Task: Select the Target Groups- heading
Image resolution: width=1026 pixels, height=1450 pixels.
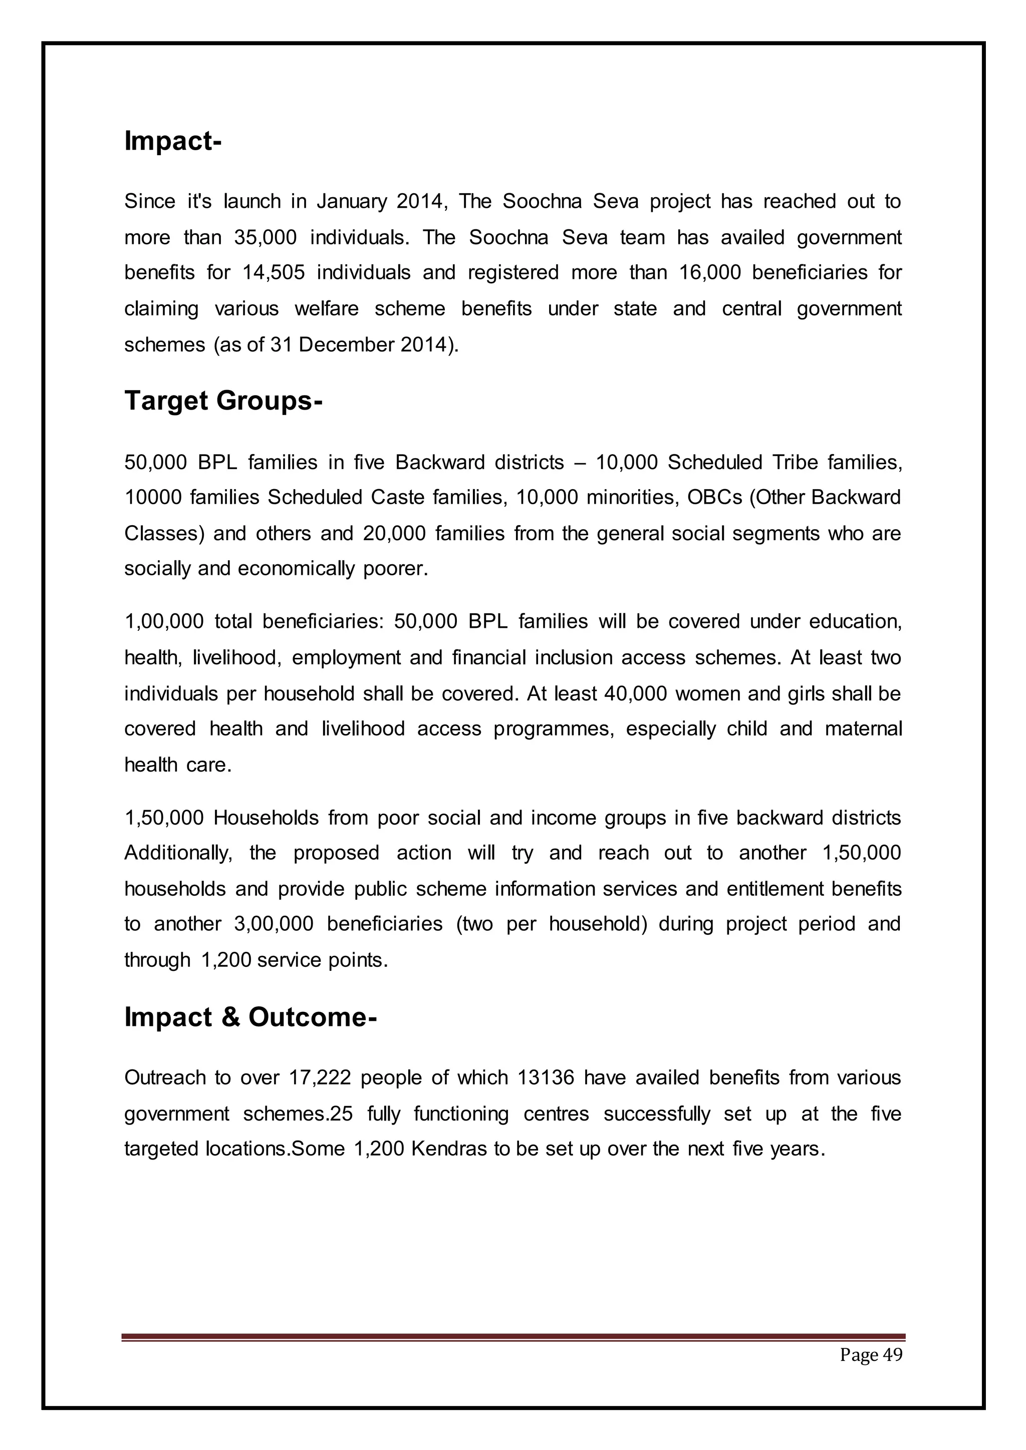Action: [x=223, y=401]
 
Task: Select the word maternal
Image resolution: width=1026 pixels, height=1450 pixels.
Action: [x=863, y=729]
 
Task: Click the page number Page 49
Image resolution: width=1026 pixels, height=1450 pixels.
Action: [x=871, y=1355]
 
